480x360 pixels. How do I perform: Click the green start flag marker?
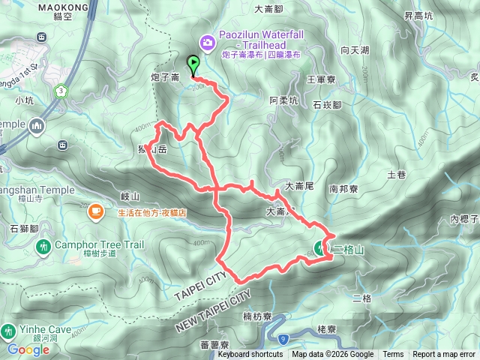click(x=193, y=65)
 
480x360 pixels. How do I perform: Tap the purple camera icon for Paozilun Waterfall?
click(x=208, y=42)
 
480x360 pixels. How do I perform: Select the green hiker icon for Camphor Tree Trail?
click(x=43, y=246)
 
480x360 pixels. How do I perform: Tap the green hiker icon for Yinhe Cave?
click(x=8, y=330)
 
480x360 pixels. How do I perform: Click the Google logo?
click(x=28, y=349)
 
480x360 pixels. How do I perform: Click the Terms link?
click(x=393, y=355)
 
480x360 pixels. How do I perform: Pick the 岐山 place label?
click(x=130, y=196)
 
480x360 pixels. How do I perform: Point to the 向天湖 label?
click(x=354, y=50)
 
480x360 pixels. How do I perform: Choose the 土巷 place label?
click(x=396, y=175)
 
